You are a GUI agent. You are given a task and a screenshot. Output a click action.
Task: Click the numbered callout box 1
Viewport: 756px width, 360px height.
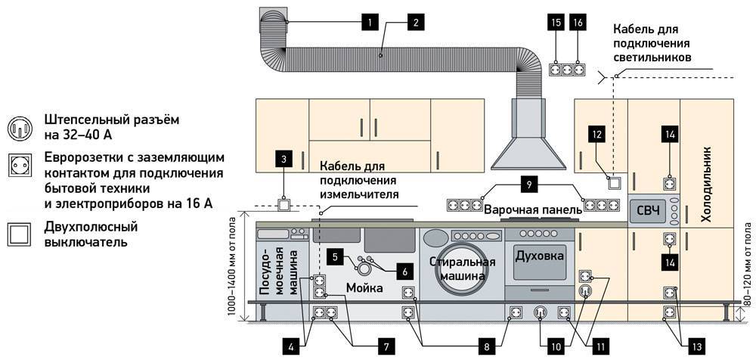click(369, 22)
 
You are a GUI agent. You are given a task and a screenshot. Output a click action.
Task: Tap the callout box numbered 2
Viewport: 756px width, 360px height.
click(414, 22)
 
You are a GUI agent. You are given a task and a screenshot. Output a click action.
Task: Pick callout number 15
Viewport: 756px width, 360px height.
click(556, 22)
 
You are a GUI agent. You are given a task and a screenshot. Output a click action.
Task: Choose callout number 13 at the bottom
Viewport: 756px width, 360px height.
click(696, 346)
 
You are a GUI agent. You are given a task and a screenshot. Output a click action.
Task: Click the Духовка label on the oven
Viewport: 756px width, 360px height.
click(539, 256)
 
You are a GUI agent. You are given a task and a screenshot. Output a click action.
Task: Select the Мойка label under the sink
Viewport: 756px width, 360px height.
click(366, 287)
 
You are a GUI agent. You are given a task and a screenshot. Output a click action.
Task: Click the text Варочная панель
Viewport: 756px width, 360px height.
click(526, 207)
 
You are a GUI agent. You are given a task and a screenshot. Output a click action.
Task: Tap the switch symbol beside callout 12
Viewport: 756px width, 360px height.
click(613, 182)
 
